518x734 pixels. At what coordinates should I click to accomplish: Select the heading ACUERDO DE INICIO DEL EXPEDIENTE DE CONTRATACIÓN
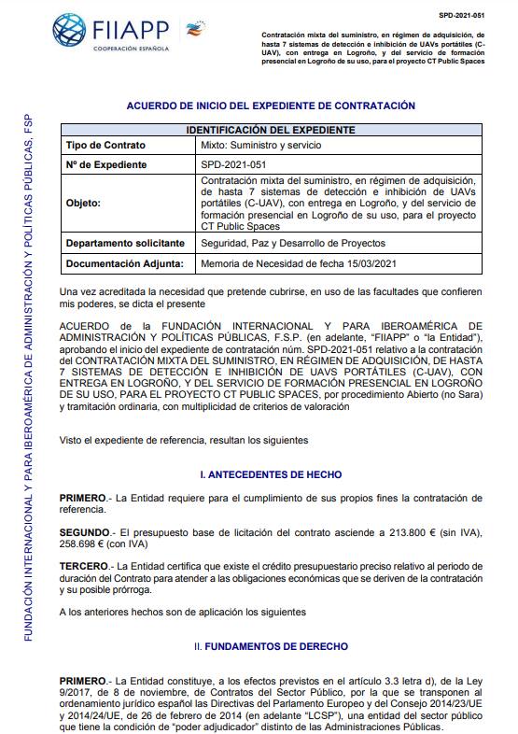pos(270,106)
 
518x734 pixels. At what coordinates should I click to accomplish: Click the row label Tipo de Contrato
pos(104,146)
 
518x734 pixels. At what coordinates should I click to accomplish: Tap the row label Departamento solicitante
pos(125,243)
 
